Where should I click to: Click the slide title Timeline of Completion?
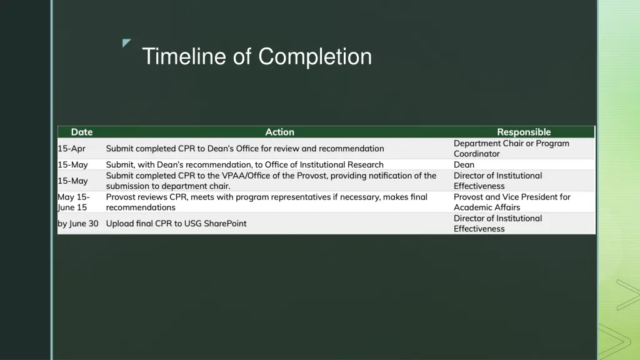(x=256, y=57)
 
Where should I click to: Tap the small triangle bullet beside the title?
(x=127, y=43)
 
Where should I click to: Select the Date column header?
(x=81, y=132)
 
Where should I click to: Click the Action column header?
(x=279, y=132)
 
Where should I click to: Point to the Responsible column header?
(x=524, y=132)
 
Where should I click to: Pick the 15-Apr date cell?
(x=71, y=149)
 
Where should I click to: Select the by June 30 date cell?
(x=78, y=223)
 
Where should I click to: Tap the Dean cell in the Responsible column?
(x=464, y=164)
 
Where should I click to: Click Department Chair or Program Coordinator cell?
(x=511, y=149)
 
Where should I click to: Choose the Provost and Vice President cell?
(x=512, y=202)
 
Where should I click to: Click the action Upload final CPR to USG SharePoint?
(x=176, y=223)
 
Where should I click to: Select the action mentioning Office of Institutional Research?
(x=244, y=164)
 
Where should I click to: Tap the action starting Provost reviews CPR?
(x=266, y=202)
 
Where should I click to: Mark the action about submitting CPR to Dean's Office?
(x=245, y=149)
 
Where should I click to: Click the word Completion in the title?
(x=315, y=57)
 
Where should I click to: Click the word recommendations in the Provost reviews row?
(x=141, y=207)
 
